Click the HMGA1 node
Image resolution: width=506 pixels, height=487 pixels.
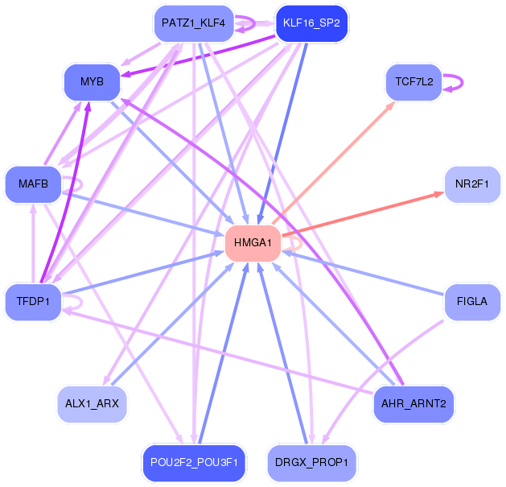[x=253, y=243]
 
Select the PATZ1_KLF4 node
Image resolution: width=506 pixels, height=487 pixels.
[x=194, y=23]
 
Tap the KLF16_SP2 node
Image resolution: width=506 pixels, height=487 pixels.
[x=311, y=23]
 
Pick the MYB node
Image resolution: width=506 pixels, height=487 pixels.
[x=92, y=82]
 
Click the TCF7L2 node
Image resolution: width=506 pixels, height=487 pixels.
[x=414, y=82]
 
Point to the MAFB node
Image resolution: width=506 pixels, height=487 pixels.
[x=33, y=184]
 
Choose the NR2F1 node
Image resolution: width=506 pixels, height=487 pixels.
[x=472, y=184]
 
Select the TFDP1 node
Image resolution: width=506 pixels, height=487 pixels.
[x=33, y=302]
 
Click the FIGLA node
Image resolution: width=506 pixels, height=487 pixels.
[x=472, y=302]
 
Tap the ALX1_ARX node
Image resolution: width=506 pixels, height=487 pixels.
[x=92, y=403]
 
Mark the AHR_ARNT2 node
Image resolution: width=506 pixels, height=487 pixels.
[x=413, y=403]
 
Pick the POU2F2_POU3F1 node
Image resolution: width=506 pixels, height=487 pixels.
[x=194, y=463]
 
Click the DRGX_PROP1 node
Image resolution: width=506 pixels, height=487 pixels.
[x=312, y=463]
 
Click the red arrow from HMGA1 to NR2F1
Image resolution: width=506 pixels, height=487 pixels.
[x=363, y=214]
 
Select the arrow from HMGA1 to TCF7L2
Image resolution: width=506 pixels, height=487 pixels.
[x=333, y=163]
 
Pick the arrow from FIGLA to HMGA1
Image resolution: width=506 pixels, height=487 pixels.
[x=363, y=273]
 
